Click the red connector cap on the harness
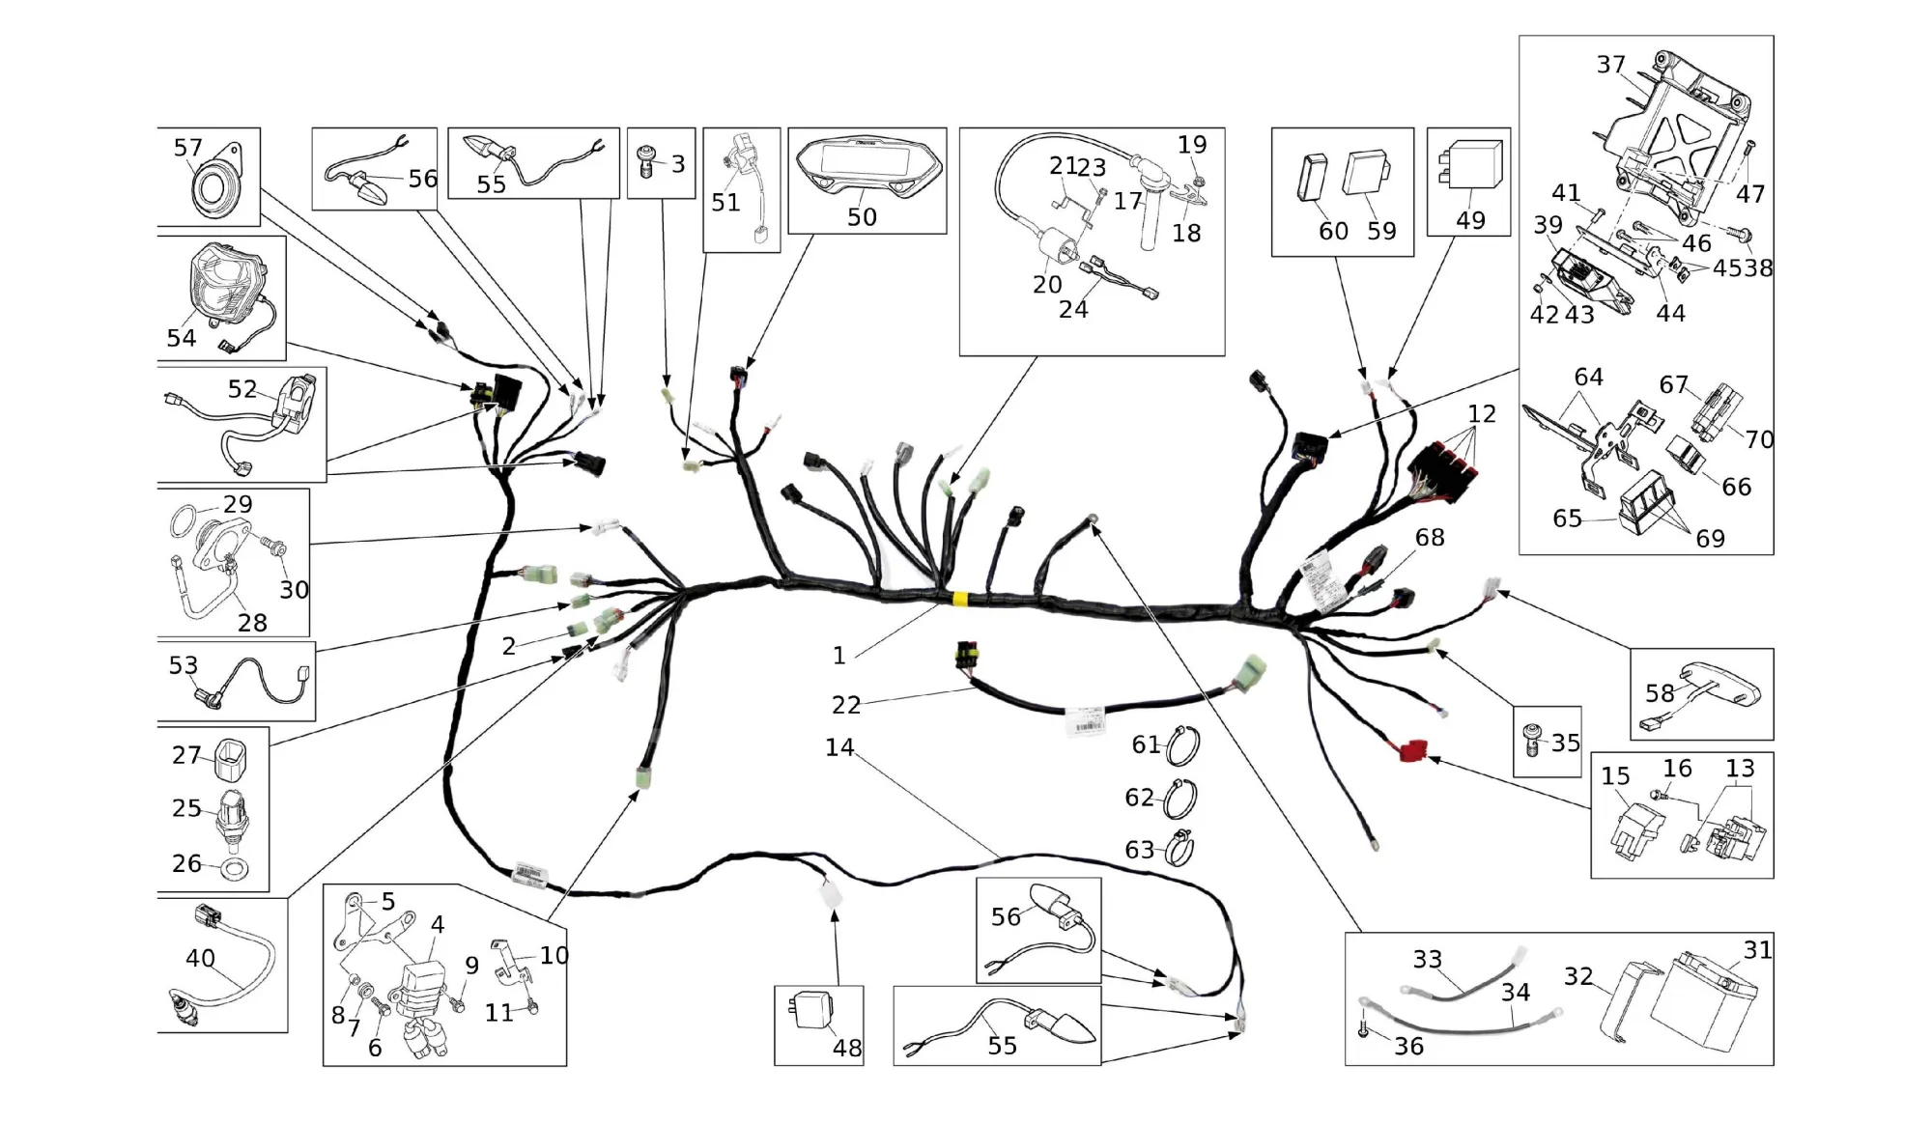tap(1412, 749)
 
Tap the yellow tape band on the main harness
tap(960, 599)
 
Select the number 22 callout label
tap(845, 705)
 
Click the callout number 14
tap(839, 746)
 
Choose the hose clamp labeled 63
tap(1179, 849)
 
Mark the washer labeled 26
tap(234, 869)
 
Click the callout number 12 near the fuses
tap(1481, 413)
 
